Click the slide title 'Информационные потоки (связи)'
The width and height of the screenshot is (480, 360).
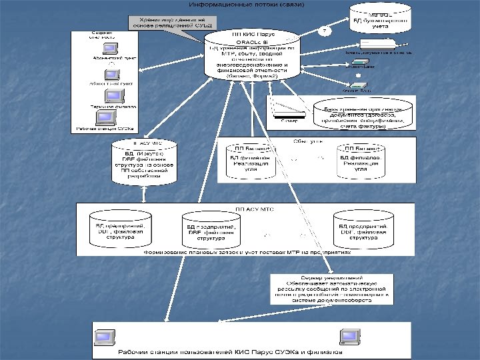tap(247, 5)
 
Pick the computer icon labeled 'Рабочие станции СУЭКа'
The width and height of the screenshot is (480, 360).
tap(105, 118)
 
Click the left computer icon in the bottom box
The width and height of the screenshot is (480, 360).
tap(105, 336)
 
